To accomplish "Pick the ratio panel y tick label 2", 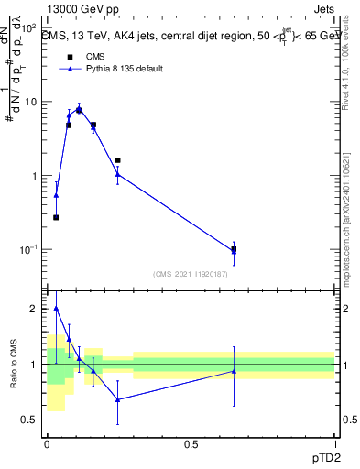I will [35, 309].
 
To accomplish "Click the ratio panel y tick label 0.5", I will [30, 420].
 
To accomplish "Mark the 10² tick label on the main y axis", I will [30, 27].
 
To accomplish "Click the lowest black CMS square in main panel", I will [56, 217].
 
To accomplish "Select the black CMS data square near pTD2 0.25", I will [117, 160].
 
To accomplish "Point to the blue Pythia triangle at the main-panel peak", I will [79, 109].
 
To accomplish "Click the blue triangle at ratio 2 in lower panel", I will [56, 309].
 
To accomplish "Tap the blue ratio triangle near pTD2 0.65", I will [234, 371].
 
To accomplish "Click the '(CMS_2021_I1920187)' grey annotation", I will [191, 273].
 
